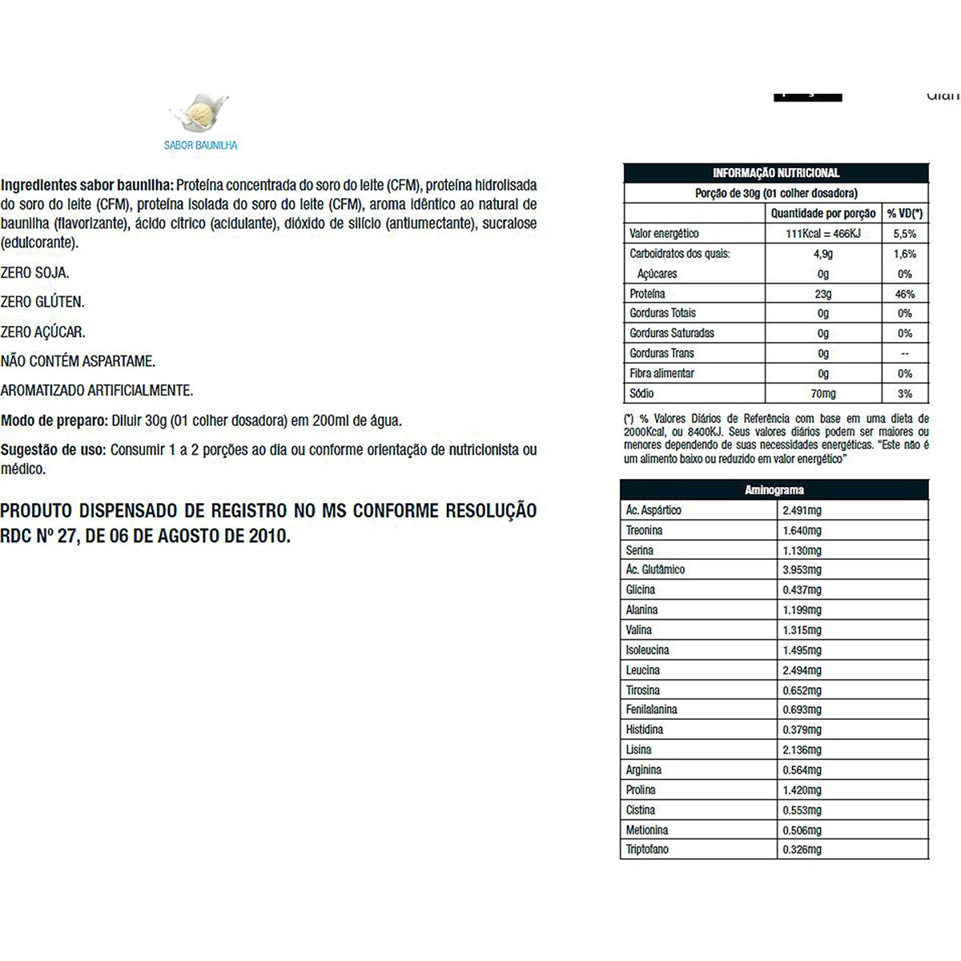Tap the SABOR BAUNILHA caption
200,146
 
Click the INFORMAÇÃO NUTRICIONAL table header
775,173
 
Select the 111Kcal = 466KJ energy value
822,234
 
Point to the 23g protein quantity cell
822,294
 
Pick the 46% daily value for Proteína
905,294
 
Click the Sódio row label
641,393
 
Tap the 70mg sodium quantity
822,393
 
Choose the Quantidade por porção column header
822,214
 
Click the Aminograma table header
774,490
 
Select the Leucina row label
643,670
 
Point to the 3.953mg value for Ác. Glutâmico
802,570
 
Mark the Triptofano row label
647,850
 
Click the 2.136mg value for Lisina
802,750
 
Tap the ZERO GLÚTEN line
42,303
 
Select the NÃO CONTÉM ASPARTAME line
78,362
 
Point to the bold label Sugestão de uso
53,450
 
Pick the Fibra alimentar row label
661,373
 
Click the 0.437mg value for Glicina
802,590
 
